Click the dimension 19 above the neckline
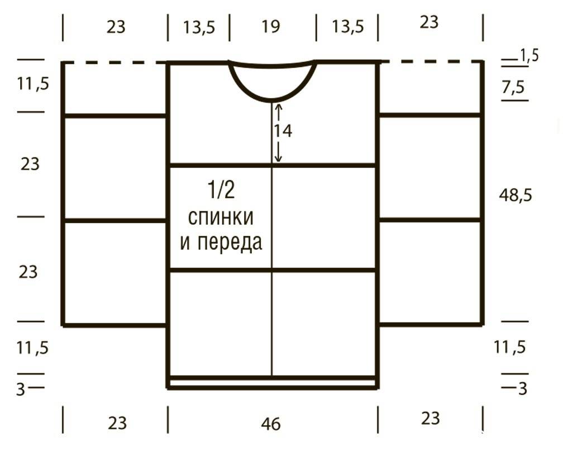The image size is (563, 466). click(271, 26)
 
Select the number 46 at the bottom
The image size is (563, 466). click(271, 424)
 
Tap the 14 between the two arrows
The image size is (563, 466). click(283, 131)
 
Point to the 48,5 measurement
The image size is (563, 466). click(515, 195)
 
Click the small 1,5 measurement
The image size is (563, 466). click(529, 56)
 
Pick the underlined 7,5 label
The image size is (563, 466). click(513, 87)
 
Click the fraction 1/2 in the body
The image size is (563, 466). click(221, 190)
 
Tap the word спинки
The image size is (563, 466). click(221, 218)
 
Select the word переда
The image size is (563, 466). click(230, 243)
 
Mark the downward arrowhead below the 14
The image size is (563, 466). click(279, 158)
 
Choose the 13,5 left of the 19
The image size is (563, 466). click(199, 27)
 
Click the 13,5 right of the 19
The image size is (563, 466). click(347, 27)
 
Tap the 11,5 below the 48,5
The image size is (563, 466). click(509, 347)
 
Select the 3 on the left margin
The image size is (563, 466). click(21, 389)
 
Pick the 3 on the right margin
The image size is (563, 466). click(522, 388)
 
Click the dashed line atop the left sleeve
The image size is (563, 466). click(115, 63)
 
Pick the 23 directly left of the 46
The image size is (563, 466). click(117, 423)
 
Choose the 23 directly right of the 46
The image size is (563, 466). click(430, 419)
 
